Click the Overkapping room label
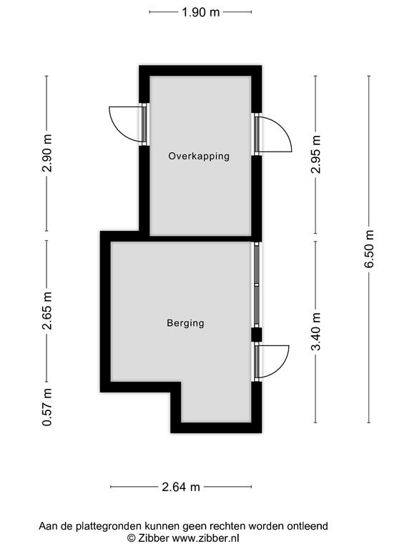tap(199, 156)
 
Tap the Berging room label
tap(185, 323)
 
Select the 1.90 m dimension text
tap(200, 12)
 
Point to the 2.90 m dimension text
tap(47, 153)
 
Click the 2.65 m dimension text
tap(47, 310)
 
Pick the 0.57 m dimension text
tap(47, 407)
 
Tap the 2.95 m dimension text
tap(315, 154)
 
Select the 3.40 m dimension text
tap(315, 332)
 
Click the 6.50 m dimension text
tap(369, 249)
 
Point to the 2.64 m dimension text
tap(181, 487)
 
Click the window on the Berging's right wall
tap(257, 285)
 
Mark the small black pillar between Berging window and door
tap(257, 335)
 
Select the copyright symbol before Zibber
tap(131, 538)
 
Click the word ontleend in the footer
tap(308, 526)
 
